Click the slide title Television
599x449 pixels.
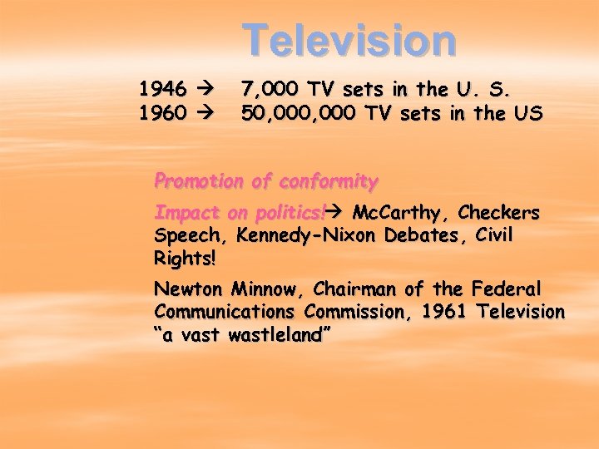(349, 40)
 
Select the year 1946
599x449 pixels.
(162, 88)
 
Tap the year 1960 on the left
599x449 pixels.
(162, 112)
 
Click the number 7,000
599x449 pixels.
(270, 88)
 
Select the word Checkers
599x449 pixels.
(499, 213)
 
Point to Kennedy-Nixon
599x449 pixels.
(307, 235)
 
